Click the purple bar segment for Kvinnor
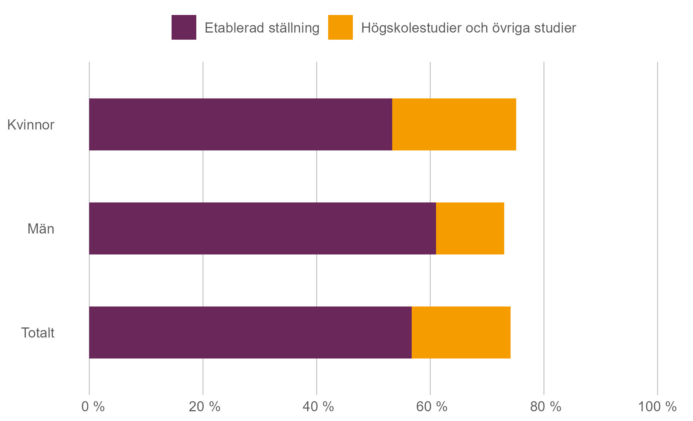tap(240, 125)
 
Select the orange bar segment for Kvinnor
tap(454, 125)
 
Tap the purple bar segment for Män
tap(262, 229)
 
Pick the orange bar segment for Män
tap(470, 229)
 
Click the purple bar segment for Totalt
tap(250, 333)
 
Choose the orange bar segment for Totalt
tap(461, 333)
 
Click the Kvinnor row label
tap(31, 125)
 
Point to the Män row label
tap(41, 229)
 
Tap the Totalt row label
tap(37, 333)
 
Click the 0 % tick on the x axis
tap(93, 407)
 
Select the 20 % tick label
tap(204, 407)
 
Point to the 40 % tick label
tap(318, 407)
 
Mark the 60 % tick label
tap(432, 407)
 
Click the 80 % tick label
tap(545, 407)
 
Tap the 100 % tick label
tap(657, 407)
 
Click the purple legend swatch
tap(184, 27)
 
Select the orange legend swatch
tap(340, 27)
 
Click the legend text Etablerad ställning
tap(262, 28)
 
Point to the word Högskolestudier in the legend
tap(411, 28)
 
